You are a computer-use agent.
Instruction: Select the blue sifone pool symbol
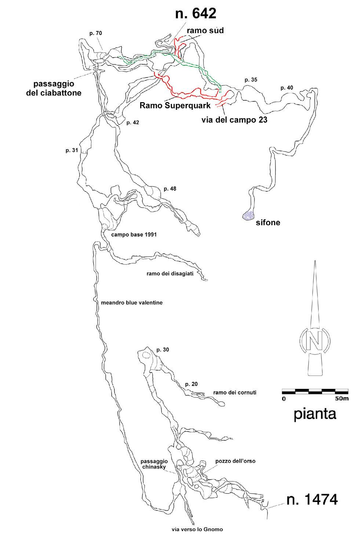(248, 216)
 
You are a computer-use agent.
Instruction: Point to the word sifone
(268, 222)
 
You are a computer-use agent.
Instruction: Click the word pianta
(315, 414)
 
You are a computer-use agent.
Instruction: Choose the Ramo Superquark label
(175, 106)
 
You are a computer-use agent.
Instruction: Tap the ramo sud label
(206, 30)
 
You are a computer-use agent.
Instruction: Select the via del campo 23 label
(234, 119)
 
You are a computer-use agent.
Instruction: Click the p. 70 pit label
(95, 33)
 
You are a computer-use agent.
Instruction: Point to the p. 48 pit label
(170, 189)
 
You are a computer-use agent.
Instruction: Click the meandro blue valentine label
(131, 303)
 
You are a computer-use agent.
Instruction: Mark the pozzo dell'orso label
(235, 461)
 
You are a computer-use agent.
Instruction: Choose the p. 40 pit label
(287, 87)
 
